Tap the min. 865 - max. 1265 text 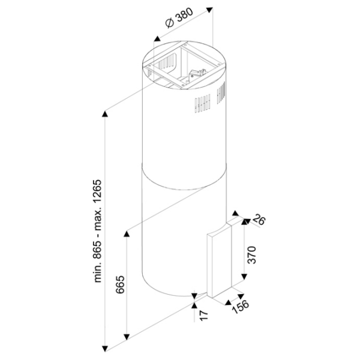tap(98, 231)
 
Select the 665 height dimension tap(120, 284)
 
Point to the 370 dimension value tap(252, 255)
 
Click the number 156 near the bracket tap(241, 306)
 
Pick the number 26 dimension tap(259, 220)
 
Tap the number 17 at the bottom tap(203, 315)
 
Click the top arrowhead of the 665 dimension tap(127, 234)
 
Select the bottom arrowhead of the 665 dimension tap(127, 337)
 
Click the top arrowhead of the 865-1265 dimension tap(105, 114)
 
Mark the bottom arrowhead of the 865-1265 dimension tap(105, 349)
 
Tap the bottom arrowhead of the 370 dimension tap(244, 277)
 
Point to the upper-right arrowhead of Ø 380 tap(209, 10)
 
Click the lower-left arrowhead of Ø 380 tap(157, 38)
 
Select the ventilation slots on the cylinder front tap(203, 104)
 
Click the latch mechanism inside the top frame tap(197, 74)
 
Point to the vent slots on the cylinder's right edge tap(221, 92)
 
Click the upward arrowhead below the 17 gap tap(194, 305)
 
